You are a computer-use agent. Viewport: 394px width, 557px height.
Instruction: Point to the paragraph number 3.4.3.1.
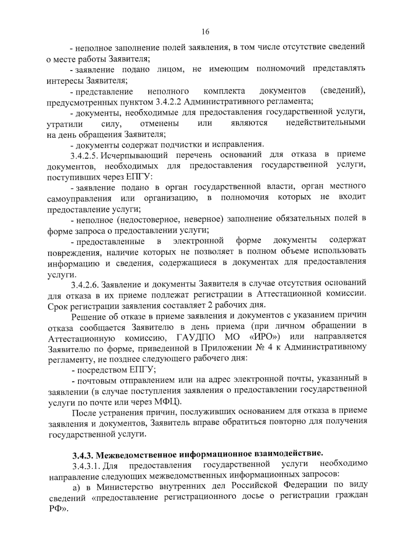pyautogui.click(x=86, y=465)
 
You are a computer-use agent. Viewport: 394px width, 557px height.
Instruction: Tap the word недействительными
pyautogui.click(x=325, y=123)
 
